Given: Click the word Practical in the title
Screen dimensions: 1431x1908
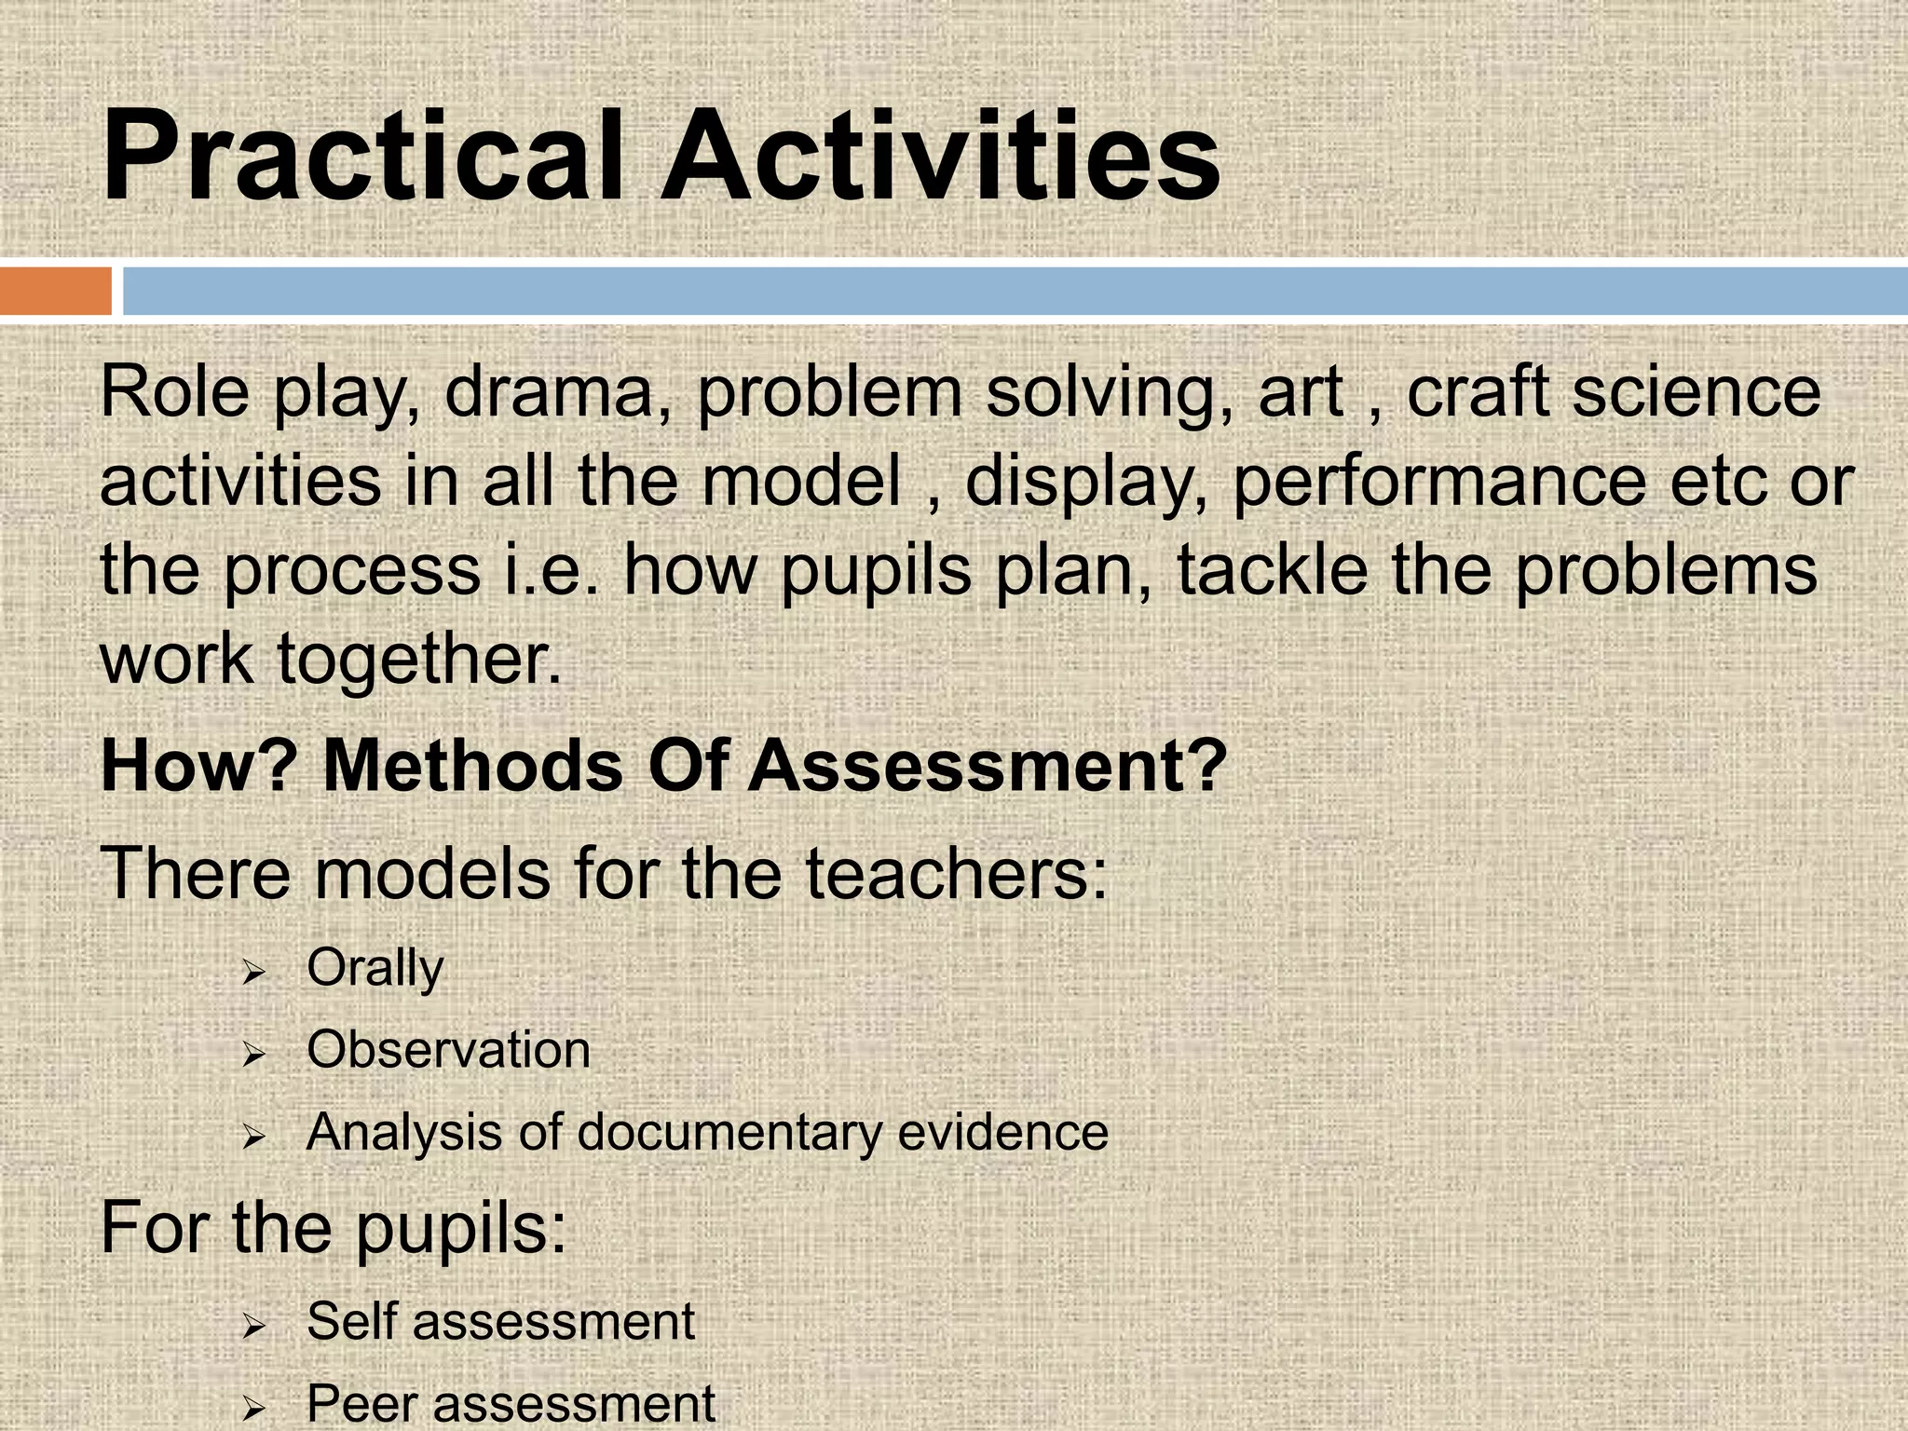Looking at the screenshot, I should click(x=361, y=156).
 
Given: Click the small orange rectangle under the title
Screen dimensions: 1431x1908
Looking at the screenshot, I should click(x=56, y=291).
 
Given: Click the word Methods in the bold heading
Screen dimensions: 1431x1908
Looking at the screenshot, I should click(x=472, y=767).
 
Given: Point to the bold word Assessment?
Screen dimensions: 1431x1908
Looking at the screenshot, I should click(x=988, y=767).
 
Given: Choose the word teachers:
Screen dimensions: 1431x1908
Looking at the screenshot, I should click(x=956, y=874).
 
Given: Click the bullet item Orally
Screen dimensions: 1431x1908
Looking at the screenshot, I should click(x=375, y=969).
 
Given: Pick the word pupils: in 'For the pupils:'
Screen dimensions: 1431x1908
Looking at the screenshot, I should click(x=461, y=1229).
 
